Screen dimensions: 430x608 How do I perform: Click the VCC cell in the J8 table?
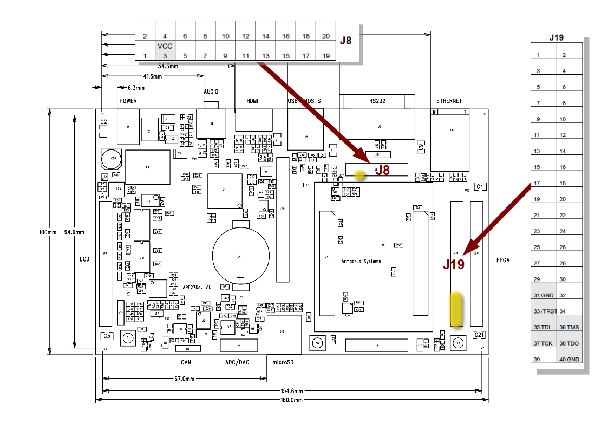pos(165,46)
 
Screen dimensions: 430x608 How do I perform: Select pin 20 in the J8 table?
pos(326,36)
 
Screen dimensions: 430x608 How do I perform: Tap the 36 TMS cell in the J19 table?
pos(569,327)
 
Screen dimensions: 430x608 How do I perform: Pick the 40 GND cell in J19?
pos(569,360)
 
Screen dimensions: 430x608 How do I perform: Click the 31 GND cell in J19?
pos(543,295)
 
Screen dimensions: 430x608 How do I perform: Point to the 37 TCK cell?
pos(543,343)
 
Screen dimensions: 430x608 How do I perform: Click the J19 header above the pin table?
pos(556,37)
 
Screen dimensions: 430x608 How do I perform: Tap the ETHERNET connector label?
pos(449,101)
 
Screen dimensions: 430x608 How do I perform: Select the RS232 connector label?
pos(377,101)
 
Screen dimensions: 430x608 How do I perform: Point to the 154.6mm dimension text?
pos(291,391)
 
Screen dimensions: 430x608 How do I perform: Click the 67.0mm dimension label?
pos(184,379)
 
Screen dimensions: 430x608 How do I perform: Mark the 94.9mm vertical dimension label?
pos(74,232)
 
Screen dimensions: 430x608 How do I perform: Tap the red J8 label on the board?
pos(383,170)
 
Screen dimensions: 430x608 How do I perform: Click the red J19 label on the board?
pos(454,264)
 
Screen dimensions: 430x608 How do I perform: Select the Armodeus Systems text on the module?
pos(361,262)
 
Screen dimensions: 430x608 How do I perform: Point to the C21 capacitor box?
pos(479,335)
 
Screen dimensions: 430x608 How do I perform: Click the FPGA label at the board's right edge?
pos(502,260)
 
